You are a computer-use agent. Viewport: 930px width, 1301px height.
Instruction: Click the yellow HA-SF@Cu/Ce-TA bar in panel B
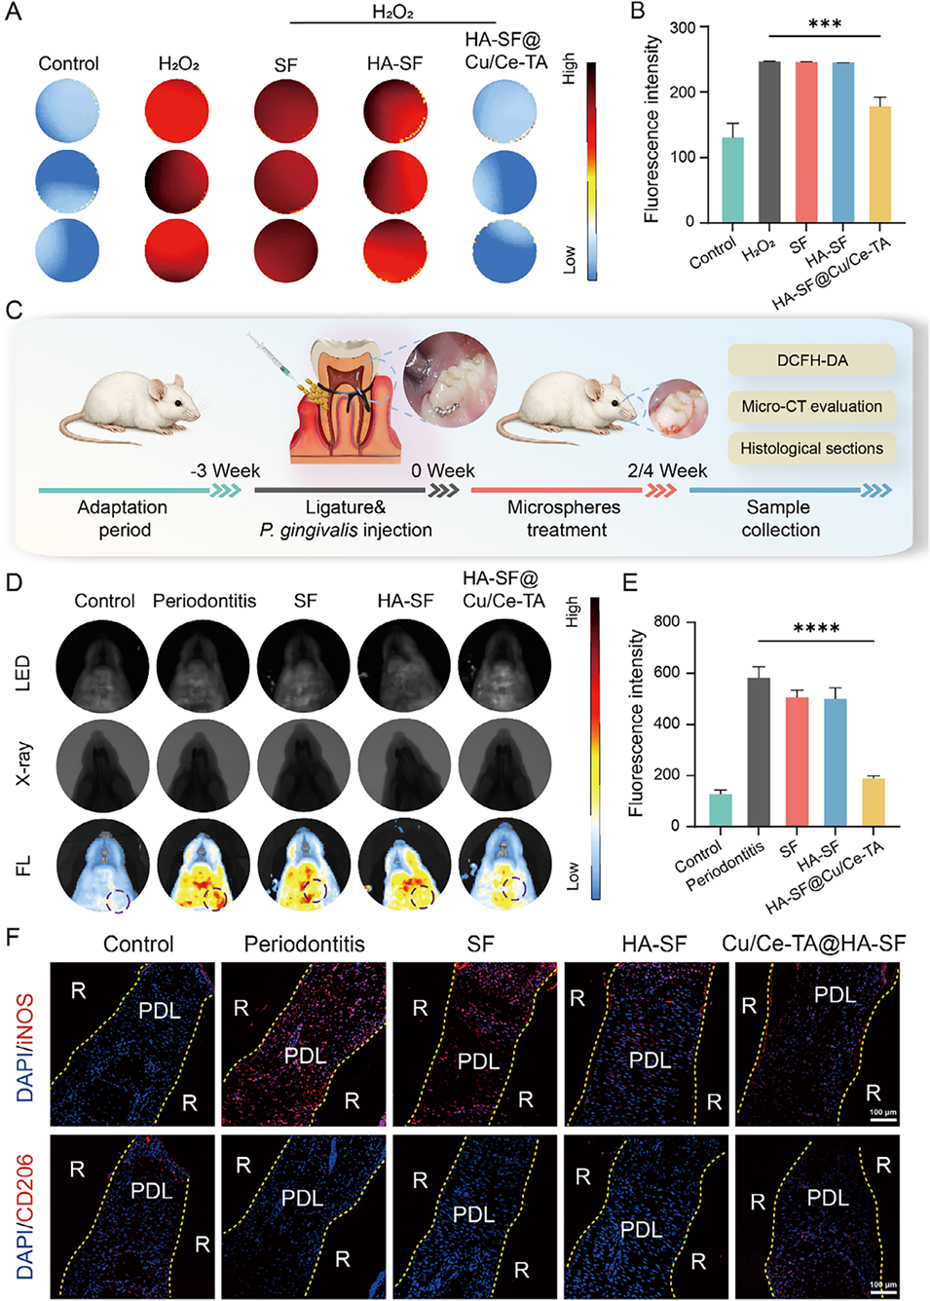(879, 164)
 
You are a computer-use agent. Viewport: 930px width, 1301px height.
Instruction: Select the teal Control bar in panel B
(732, 179)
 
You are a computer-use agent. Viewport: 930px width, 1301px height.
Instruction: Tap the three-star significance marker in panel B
(824, 24)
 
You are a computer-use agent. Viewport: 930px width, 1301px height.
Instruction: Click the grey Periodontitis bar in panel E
(758, 752)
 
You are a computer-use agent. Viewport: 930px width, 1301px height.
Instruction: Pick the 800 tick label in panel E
(667, 622)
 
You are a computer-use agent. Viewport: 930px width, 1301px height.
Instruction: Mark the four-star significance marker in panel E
(816, 629)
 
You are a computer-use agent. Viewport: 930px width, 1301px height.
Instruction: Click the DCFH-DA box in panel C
(811, 360)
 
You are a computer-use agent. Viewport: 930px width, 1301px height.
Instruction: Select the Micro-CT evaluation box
(811, 406)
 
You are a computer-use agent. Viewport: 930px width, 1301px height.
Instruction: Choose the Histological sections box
(811, 448)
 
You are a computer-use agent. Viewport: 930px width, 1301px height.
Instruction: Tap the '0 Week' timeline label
(442, 471)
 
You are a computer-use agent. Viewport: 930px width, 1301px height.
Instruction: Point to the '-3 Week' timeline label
(225, 471)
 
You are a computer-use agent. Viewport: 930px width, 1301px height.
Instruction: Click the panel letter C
(14, 311)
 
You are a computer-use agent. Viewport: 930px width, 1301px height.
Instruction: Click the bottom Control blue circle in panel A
(67, 251)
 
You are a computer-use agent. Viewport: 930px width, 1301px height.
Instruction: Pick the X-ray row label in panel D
(23, 764)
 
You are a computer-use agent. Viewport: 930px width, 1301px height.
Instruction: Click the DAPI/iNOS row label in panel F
(25, 1047)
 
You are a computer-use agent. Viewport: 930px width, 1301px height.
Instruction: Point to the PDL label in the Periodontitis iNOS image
(305, 1056)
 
